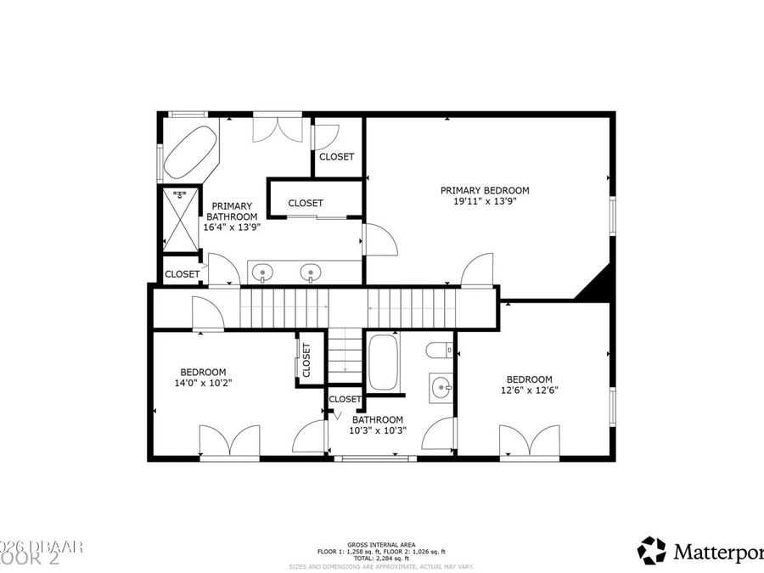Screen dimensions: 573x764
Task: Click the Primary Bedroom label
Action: (x=485, y=190)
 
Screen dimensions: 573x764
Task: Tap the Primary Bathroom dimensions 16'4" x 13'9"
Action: (x=231, y=228)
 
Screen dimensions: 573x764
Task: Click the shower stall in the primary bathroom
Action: (x=179, y=219)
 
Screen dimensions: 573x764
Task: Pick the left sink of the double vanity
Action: (x=264, y=272)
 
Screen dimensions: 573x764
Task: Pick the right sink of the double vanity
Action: (x=312, y=272)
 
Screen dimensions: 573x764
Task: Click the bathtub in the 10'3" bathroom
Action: (x=383, y=362)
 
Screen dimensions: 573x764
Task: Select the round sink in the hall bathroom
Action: (x=441, y=389)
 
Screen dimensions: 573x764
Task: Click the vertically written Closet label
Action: (x=306, y=361)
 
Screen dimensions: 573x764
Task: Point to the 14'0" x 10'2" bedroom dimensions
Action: (x=203, y=383)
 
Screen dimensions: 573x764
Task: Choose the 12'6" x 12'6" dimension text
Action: (x=529, y=390)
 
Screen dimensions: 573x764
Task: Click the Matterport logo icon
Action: (x=652, y=550)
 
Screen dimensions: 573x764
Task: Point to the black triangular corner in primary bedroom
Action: (x=598, y=285)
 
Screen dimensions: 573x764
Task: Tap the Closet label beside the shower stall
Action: (x=182, y=274)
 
